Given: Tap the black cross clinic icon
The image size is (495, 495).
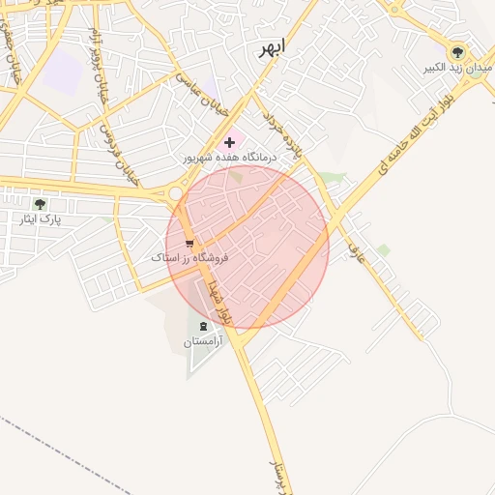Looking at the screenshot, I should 229,143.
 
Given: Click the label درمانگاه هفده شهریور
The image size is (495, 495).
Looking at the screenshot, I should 229,157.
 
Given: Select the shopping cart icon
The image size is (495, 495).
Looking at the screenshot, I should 189,244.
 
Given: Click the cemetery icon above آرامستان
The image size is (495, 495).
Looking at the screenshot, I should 203,327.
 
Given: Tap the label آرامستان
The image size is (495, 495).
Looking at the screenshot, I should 203,342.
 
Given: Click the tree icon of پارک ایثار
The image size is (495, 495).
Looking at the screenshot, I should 40,204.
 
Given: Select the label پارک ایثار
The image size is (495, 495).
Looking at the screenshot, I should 40,219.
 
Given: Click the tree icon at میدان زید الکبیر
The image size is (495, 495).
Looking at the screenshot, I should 458,53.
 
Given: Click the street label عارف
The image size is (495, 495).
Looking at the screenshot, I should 354,254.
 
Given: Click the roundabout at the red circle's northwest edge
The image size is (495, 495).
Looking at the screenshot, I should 176,194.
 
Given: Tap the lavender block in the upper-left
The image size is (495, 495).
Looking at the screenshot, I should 64,70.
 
